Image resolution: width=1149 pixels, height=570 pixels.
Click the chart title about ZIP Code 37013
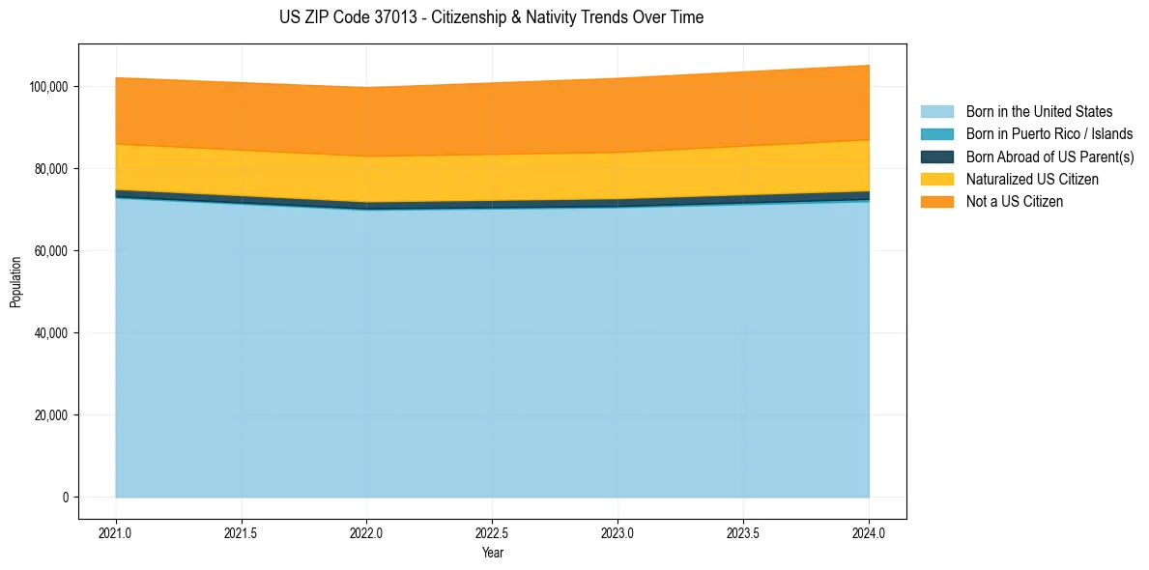click(492, 17)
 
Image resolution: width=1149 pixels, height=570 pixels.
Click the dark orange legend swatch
click(936, 202)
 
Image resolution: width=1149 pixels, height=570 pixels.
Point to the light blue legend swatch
click(936, 112)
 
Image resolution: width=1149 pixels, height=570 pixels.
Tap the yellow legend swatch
click(936, 180)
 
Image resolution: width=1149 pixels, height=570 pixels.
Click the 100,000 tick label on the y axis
click(48, 87)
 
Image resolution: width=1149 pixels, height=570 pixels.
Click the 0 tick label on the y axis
click(65, 498)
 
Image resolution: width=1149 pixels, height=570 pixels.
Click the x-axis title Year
click(492, 553)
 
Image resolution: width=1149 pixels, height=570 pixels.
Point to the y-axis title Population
click(15, 282)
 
